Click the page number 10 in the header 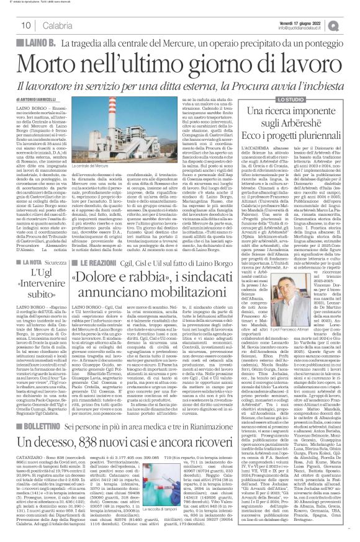click(26, 25)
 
